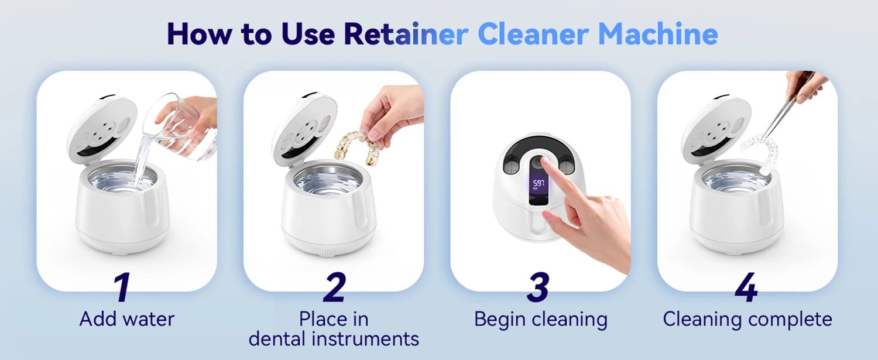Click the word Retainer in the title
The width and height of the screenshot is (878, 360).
[x=406, y=34]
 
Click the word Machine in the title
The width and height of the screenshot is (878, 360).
[x=658, y=34]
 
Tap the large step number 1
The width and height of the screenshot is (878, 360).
[x=122, y=287]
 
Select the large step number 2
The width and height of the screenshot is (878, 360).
[x=334, y=287]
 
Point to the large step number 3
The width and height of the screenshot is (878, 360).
[x=538, y=287]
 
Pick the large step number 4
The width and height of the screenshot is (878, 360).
[x=746, y=287]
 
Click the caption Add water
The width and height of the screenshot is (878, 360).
[x=126, y=319]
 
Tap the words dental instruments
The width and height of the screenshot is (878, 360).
[x=334, y=339]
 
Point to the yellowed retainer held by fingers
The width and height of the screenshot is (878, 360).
[x=356, y=148]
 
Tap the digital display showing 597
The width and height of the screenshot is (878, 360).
[x=539, y=184]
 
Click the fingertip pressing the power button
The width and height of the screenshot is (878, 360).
[x=544, y=160]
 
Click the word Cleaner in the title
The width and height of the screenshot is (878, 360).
[x=533, y=34]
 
